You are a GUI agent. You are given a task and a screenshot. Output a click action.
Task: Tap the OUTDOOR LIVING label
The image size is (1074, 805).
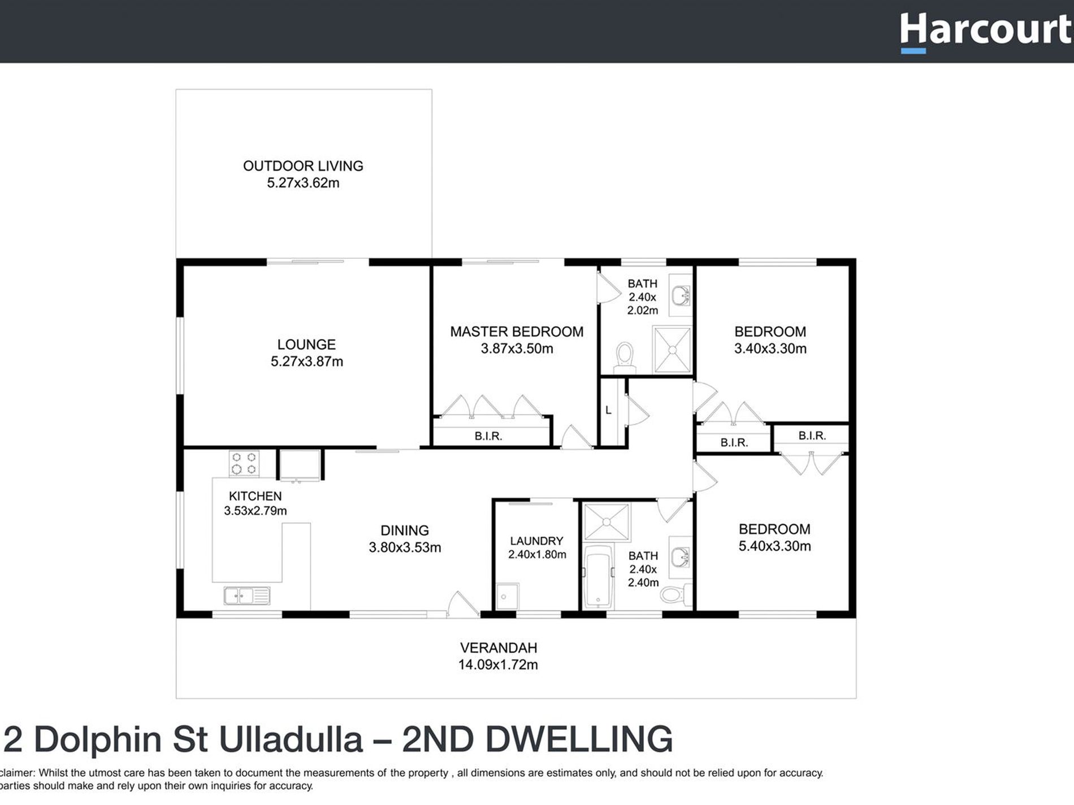click(303, 166)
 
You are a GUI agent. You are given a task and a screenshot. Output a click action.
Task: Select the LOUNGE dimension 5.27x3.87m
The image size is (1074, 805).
click(306, 362)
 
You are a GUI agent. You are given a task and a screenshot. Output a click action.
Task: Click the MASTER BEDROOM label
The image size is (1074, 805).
click(517, 332)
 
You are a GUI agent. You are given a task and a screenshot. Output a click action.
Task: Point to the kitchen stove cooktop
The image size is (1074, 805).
click(244, 463)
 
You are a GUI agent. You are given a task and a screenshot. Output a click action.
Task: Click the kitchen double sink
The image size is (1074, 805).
click(246, 595)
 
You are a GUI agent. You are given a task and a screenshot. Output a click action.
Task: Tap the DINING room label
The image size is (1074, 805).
click(404, 530)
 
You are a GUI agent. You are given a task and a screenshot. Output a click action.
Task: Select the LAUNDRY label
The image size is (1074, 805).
click(536, 541)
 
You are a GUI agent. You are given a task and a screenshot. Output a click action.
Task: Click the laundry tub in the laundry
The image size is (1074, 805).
click(506, 597)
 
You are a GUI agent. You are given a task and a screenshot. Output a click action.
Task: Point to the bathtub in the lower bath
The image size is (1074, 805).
click(597, 576)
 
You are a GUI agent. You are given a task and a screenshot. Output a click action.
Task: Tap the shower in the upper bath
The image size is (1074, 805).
click(672, 350)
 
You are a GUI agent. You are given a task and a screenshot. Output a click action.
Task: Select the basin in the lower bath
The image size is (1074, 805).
click(680, 558)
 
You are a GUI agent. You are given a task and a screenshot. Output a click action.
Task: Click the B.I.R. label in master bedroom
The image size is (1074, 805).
click(488, 436)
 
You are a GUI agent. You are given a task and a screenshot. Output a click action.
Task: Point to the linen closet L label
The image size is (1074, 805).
click(608, 410)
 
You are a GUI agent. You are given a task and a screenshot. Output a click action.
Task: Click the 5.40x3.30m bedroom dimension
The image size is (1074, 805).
click(774, 546)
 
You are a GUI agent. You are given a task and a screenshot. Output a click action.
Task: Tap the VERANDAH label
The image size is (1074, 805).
click(498, 648)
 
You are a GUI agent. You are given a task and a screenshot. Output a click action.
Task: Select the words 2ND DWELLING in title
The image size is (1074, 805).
click(537, 739)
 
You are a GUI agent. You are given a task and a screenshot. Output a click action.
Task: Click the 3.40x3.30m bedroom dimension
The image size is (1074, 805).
click(770, 349)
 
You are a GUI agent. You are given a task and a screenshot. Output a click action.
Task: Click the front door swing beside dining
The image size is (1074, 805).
click(462, 604)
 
